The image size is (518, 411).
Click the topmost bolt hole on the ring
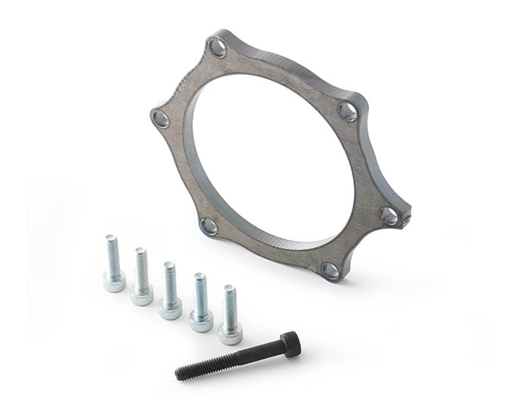[218, 48]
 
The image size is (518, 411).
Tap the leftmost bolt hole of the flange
[160, 119]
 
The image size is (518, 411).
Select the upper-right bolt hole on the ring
[347, 112]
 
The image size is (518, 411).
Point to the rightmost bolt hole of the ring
[389, 216]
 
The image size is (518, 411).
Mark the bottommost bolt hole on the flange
[330, 270]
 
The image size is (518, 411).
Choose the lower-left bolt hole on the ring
[209, 226]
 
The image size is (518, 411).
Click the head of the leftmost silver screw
[114, 282]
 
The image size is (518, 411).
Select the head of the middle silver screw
[170, 307]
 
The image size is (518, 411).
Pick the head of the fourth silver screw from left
[200, 320]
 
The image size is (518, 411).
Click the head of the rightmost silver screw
[230, 332]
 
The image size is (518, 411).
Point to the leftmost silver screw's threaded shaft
[113, 255]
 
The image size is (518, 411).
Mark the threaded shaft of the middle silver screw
[170, 280]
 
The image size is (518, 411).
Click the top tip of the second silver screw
[141, 250]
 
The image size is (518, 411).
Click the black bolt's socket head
[290, 344]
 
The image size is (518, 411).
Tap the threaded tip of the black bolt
[182, 372]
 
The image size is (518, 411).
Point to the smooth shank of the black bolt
[257, 353]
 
